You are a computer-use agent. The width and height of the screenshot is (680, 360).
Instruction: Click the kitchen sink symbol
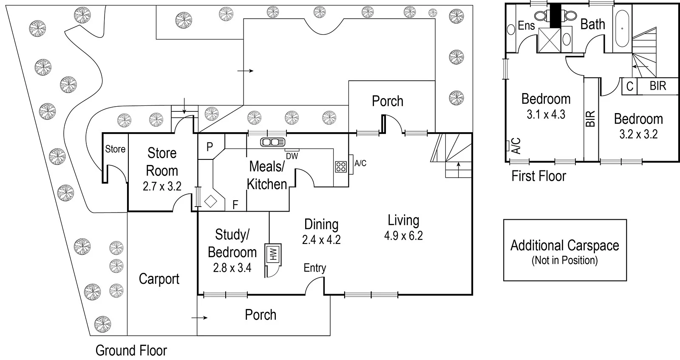tap(272, 142)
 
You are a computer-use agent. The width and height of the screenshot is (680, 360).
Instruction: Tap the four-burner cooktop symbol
tap(341, 167)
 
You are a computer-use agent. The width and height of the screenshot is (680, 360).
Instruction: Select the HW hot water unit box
tap(273, 254)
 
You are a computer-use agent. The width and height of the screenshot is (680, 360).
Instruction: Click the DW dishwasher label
tap(292, 156)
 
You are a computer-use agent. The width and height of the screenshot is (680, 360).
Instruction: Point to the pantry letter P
tap(210, 147)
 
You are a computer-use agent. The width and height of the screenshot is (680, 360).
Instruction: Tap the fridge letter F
tap(235, 205)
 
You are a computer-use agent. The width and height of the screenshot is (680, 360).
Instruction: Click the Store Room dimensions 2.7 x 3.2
tap(162, 186)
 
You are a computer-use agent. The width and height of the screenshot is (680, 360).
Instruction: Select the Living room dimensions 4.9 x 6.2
tap(403, 235)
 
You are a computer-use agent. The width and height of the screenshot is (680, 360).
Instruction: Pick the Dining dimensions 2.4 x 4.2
tap(321, 240)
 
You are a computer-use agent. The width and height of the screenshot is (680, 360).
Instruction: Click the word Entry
tap(315, 268)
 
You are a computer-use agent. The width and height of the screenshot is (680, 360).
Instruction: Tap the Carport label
tap(159, 279)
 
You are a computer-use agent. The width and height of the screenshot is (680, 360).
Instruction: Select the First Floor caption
tap(539, 176)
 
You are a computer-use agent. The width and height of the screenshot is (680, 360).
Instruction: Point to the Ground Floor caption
tap(131, 351)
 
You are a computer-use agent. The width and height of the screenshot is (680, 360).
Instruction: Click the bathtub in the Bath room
tap(622, 28)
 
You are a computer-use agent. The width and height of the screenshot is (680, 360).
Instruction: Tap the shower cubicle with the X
tap(550, 40)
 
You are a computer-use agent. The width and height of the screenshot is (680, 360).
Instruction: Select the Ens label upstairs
tap(527, 26)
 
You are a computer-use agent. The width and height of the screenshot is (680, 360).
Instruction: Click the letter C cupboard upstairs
tap(629, 87)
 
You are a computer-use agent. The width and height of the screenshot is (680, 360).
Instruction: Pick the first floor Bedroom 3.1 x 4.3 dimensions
tap(546, 114)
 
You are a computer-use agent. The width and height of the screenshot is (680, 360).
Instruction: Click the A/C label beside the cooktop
tap(360, 163)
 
